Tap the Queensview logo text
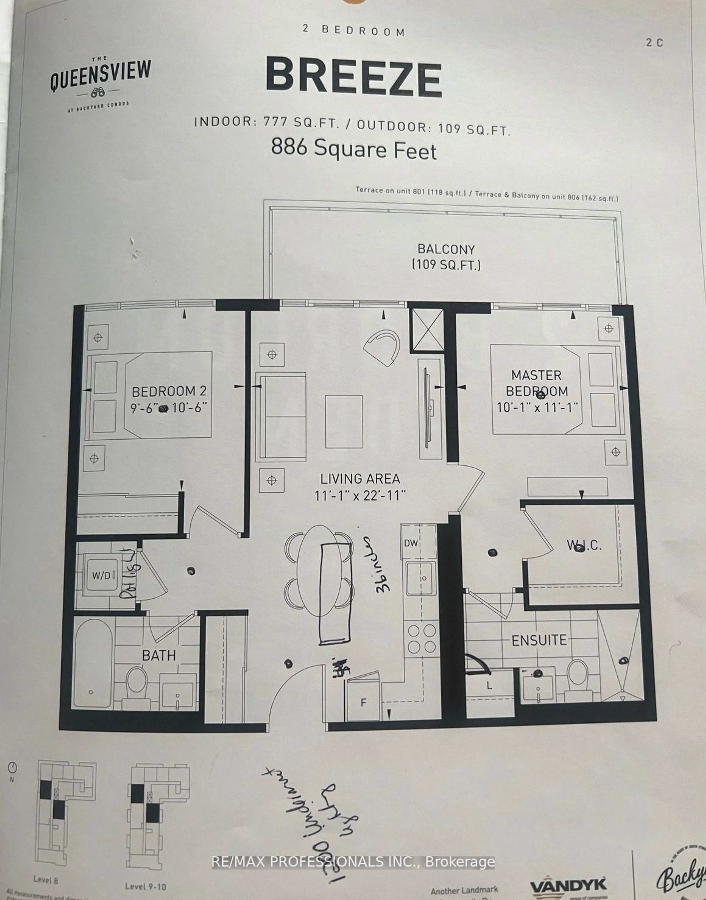coord(100,76)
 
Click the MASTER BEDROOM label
coord(536,383)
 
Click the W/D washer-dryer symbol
coord(102,575)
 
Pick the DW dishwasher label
coord(411,543)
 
